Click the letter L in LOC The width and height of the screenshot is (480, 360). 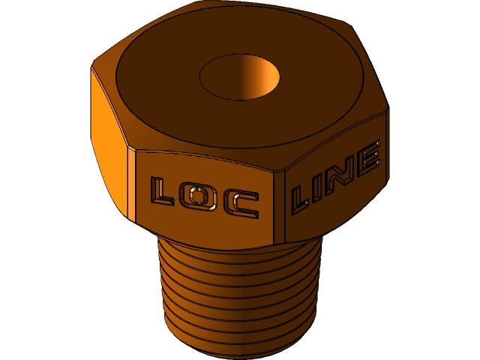coord(162,192)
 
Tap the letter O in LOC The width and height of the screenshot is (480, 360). coord(199,198)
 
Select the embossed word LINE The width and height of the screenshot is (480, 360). coord(335,177)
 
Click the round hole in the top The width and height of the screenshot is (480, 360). coord(239,76)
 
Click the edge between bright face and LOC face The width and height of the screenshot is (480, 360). coord(133,184)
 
